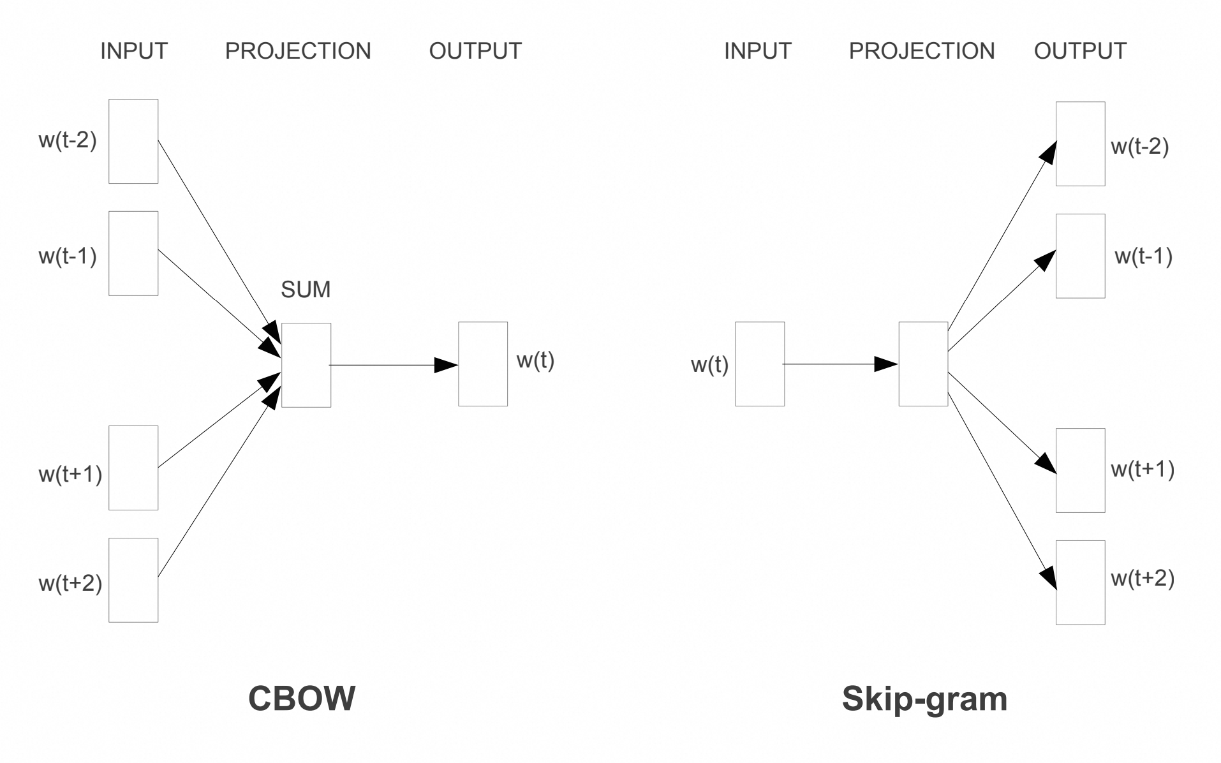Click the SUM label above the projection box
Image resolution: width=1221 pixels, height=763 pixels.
point(306,290)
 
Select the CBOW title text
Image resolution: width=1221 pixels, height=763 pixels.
point(301,698)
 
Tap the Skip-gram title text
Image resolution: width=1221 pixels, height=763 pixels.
point(924,699)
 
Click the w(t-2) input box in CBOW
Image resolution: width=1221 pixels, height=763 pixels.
point(133,141)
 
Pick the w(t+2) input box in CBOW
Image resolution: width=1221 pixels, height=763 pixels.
point(133,580)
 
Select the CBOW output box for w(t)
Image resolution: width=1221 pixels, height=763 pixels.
point(483,364)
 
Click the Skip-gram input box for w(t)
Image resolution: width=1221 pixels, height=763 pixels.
point(760,364)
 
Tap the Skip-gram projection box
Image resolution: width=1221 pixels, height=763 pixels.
point(923,364)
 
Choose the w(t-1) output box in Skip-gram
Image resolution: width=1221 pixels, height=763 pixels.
point(1080,256)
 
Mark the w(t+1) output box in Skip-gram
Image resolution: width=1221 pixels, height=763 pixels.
point(1080,470)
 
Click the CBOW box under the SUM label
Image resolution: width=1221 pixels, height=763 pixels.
point(306,365)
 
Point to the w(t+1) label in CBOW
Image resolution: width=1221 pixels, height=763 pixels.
point(70,474)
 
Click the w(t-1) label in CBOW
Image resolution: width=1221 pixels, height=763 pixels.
point(68,256)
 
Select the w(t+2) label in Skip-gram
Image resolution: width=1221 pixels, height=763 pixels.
point(1143,578)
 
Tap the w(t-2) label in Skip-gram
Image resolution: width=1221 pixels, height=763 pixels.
point(1139,146)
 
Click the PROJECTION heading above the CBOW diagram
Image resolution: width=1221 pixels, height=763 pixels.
point(298,51)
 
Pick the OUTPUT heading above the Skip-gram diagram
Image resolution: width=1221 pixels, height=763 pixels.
point(1080,51)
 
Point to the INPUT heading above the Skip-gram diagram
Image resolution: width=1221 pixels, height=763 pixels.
point(757,51)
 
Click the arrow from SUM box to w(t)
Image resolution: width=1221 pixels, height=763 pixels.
point(394,365)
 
